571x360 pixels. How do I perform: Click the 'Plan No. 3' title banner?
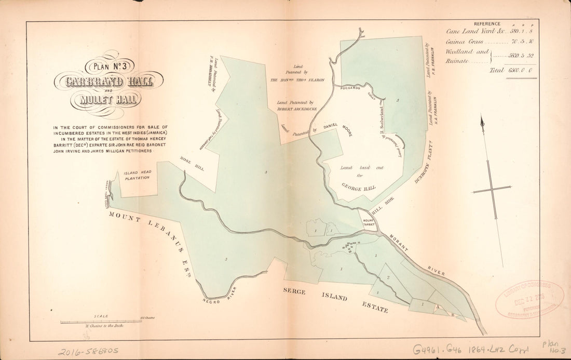tap(111, 66)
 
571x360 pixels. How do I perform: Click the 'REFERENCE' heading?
tap(484, 23)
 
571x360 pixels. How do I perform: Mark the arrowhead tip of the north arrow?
tap(482, 118)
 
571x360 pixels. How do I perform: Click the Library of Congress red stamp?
tap(529, 300)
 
